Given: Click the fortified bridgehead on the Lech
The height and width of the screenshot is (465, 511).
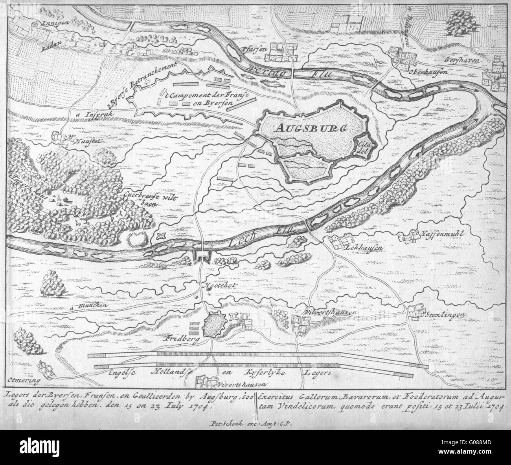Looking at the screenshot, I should click(202, 257).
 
